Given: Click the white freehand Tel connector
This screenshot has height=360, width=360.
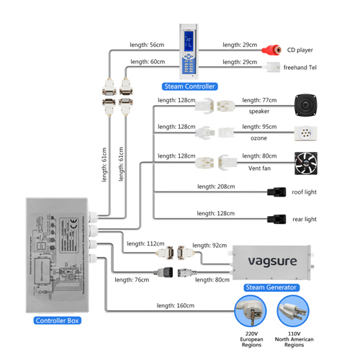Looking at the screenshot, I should (273, 67).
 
